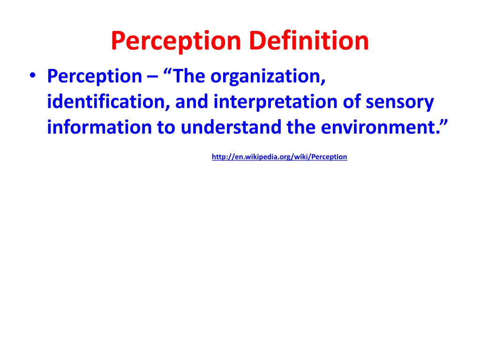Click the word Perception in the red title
coord(176,41)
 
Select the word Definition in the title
coord(309,41)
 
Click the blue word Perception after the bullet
coord(94,76)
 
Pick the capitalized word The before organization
coord(189,76)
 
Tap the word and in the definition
coord(192,102)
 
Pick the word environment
coord(378,127)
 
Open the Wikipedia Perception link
coord(279,157)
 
